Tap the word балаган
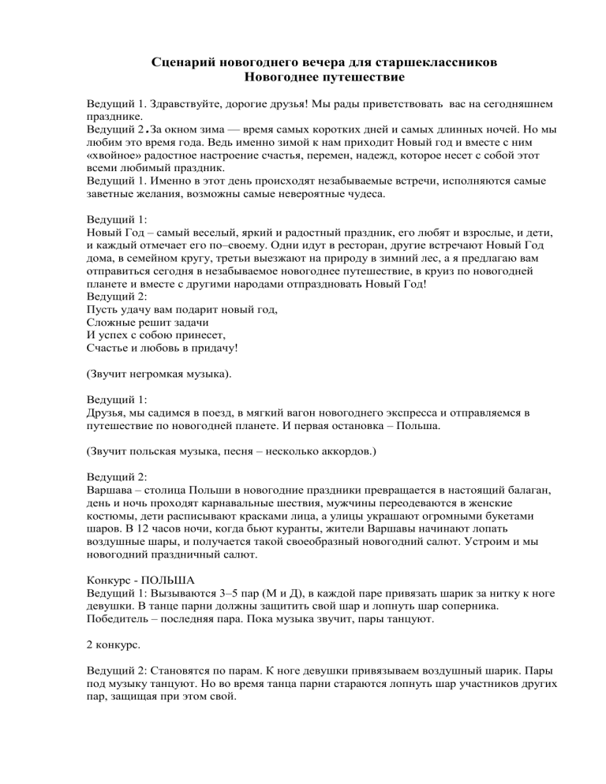coord(511,489)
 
